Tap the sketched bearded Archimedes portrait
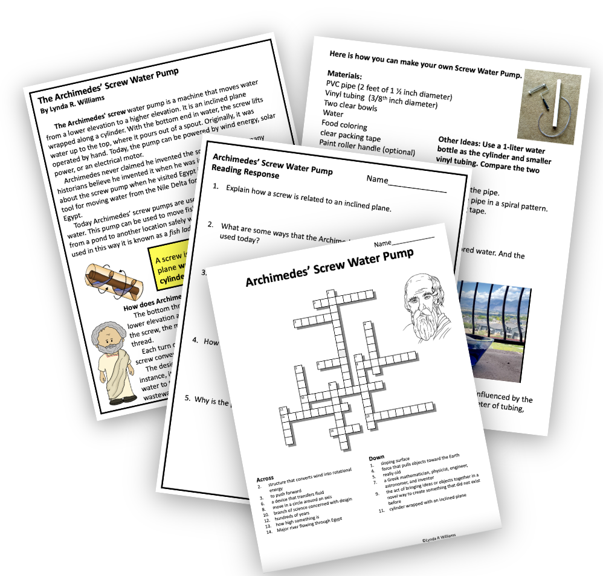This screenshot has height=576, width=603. coord(427,307)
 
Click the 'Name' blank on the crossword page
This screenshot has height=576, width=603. coord(404,242)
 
